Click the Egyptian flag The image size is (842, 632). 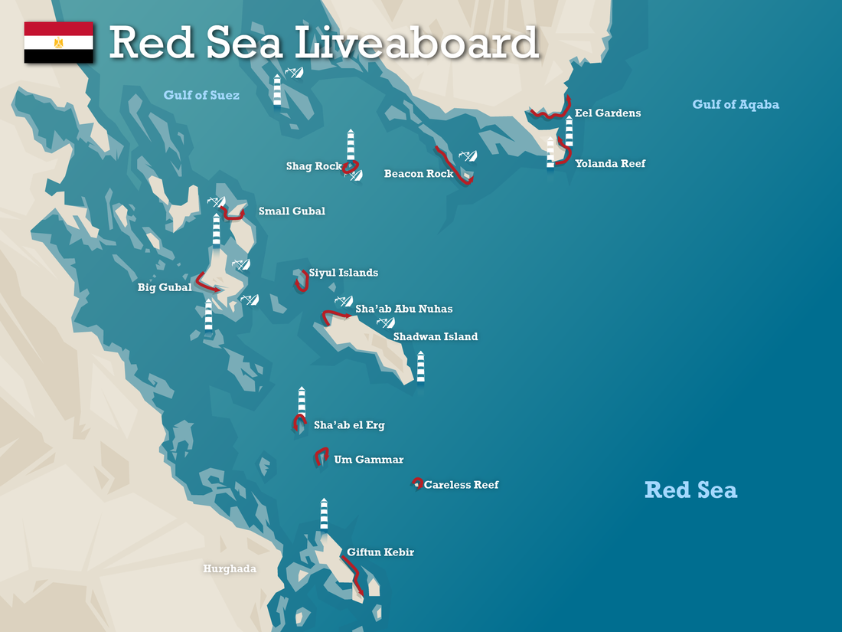(59, 43)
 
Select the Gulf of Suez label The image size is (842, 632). (201, 96)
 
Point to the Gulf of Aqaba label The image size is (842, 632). (736, 104)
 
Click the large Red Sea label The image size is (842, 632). (690, 490)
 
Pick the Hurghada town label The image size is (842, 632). (230, 568)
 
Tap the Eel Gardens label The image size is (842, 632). (608, 113)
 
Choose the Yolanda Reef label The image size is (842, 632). (610, 163)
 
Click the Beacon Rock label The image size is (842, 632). (419, 174)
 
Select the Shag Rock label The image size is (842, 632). (314, 166)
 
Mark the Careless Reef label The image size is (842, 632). (461, 485)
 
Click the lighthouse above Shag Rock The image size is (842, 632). (351, 144)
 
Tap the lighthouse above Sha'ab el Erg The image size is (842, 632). (302, 401)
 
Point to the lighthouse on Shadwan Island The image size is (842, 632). (420, 366)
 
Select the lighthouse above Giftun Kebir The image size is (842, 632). (324, 513)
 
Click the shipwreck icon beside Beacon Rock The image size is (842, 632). (468, 156)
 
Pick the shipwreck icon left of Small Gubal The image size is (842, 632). (217, 202)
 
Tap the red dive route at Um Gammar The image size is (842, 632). (321, 456)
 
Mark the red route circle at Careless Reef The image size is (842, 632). (417, 483)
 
